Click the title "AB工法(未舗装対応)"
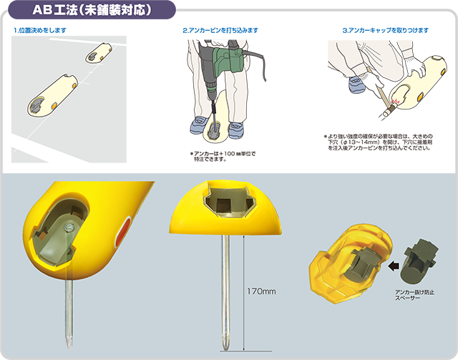tap(92, 10)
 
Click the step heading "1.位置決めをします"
tap(40, 30)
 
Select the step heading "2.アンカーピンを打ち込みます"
tap(220, 30)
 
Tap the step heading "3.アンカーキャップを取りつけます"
tap(386, 30)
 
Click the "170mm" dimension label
tap(261, 291)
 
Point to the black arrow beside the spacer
tap(394, 266)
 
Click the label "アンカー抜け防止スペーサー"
tap(414, 295)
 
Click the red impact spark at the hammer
tap(395, 101)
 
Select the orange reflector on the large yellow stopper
tap(124, 232)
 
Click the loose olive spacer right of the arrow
tap(419, 261)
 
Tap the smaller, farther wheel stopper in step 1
tap(99, 52)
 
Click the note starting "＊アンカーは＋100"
tap(223, 156)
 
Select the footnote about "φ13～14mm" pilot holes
tap(378, 142)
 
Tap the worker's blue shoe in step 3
tap(357, 84)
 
